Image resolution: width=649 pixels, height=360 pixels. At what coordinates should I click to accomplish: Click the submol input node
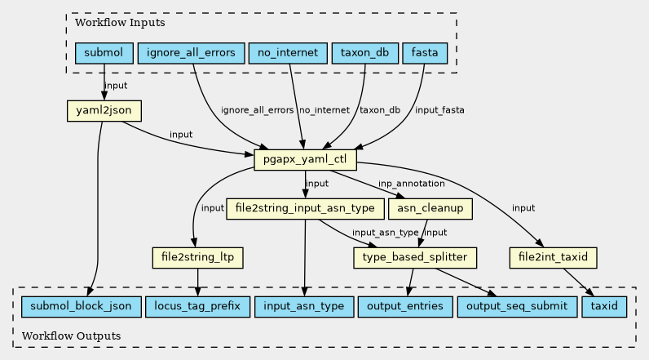click(104, 54)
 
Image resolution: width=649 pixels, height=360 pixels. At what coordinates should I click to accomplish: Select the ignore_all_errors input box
click(192, 54)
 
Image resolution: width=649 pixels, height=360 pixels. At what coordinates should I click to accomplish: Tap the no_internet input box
click(287, 54)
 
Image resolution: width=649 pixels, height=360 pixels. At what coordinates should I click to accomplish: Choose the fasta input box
click(424, 54)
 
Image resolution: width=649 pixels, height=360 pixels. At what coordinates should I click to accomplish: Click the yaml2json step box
click(103, 110)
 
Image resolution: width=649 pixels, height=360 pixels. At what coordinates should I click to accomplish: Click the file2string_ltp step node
click(198, 258)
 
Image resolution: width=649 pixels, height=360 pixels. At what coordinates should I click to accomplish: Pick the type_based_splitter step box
click(414, 258)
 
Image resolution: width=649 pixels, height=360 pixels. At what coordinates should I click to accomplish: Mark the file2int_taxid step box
click(553, 258)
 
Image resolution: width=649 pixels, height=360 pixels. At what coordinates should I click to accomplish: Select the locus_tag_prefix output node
click(198, 307)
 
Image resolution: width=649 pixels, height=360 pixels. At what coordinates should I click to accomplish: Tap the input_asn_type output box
click(305, 307)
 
